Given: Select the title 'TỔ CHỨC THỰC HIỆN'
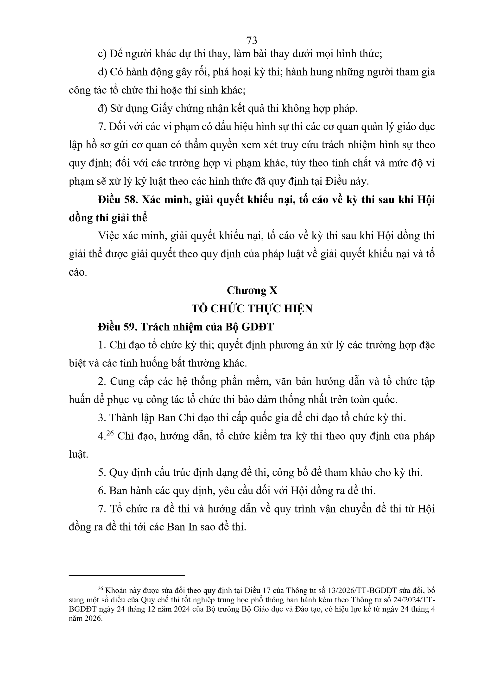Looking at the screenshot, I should pyautogui.click(x=252, y=309).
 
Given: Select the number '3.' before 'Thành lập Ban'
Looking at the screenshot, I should pyautogui.click(x=102, y=418).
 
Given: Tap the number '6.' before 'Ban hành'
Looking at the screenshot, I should pyautogui.click(x=102, y=491).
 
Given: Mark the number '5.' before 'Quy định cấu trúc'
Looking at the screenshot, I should pyautogui.click(x=102, y=473).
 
